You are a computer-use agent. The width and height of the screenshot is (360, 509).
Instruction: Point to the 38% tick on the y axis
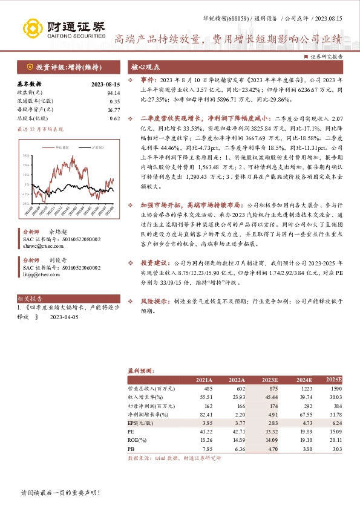pos(27,155)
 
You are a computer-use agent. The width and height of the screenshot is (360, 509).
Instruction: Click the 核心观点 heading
pos(145,67)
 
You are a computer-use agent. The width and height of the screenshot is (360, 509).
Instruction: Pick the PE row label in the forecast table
pos(131,432)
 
